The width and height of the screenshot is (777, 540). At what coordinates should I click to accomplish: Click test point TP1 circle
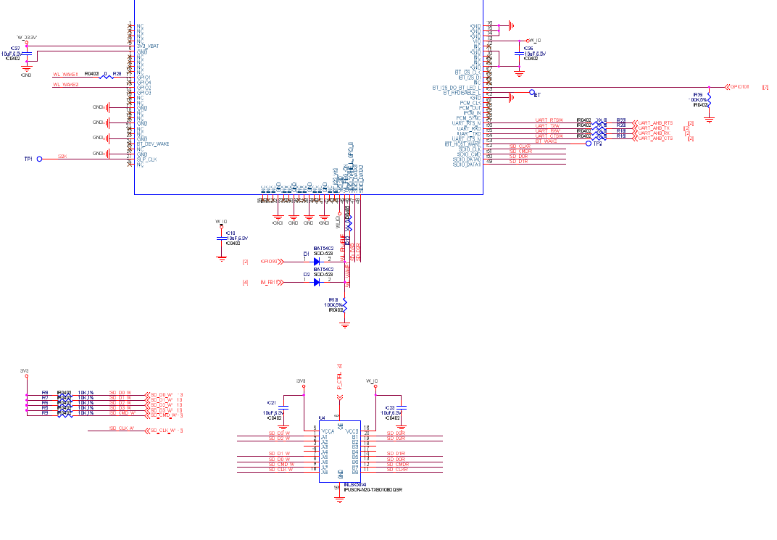(40, 158)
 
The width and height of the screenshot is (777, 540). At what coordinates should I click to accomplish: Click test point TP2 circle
(589, 144)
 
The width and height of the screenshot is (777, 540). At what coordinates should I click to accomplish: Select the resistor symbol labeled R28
(106, 77)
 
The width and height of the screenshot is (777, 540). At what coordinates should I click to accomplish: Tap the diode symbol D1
(317, 261)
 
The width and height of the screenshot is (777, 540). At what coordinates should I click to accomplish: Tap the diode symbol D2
(317, 282)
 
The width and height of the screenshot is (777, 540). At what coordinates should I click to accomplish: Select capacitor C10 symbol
(222, 238)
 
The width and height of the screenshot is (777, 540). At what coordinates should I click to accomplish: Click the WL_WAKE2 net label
(65, 85)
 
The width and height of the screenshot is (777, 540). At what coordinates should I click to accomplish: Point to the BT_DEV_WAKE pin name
(153, 144)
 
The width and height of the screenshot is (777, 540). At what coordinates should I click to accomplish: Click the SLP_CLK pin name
(147, 159)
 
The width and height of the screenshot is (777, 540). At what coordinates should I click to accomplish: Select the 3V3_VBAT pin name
(148, 46)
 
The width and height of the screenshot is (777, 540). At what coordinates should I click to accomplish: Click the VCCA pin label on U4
(328, 431)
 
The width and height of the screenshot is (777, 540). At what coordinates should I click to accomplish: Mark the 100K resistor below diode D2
(345, 304)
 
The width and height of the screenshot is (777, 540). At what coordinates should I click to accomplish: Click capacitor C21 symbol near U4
(283, 408)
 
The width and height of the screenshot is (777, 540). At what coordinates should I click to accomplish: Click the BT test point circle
(532, 94)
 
